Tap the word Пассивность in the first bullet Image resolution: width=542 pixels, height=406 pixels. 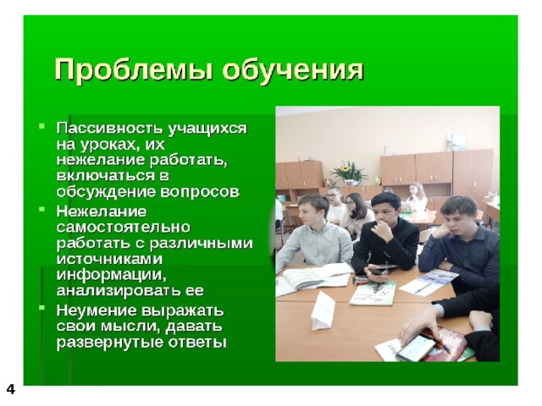pyautogui.click(x=109, y=128)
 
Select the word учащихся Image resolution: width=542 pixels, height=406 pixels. pyautogui.click(x=207, y=129)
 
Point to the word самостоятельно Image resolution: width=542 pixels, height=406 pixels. pyautogui.click(x=124, y=227)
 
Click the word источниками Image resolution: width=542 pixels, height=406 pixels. pyautogui.click(x=109, y=259)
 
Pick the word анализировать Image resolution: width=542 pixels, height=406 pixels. pyautogui.click(x=116, y=291)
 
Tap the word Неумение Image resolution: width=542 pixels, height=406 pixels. pyautogui.click(x=96, y=310)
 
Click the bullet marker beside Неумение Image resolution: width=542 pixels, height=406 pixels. pyautogui.click(x=42, y=306)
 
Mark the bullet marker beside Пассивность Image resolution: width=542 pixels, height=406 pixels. pyautogui.click(x=42, y=125)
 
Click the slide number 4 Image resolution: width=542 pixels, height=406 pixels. pyautogui.click(x=11, y=389)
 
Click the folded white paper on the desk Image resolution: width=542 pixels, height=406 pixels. pyautogui.click(x=322, y=310)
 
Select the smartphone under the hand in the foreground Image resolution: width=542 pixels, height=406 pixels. pyautogui.click(x=416, y=348)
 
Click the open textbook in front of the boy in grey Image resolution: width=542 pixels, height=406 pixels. pyautogui.click(x=312, y=278)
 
